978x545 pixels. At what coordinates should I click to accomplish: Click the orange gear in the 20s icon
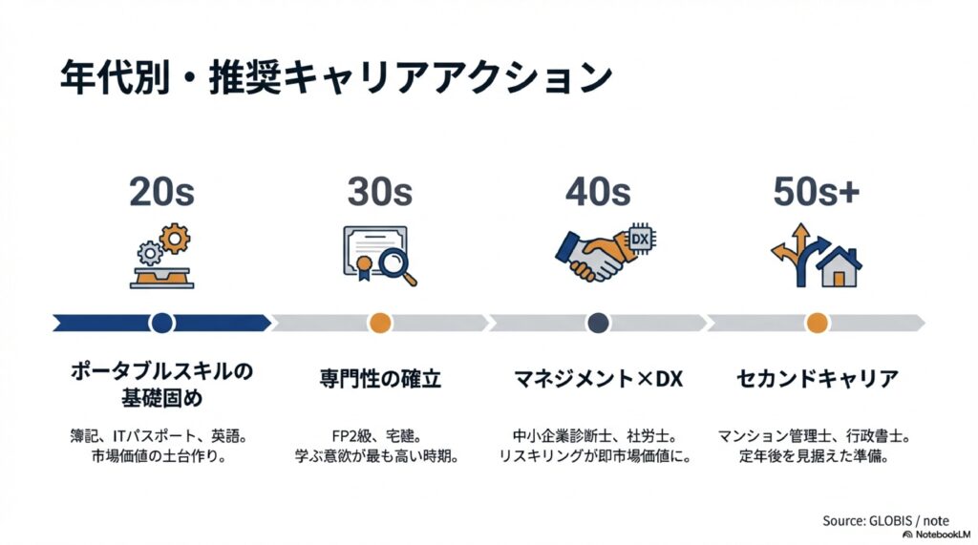pyautogui.click(x=175, y=238)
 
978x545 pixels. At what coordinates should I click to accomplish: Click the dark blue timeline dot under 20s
pyautogui.click(x=161, y=323)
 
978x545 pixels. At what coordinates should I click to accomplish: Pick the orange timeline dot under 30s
pyautogui.click(x=380, y=323)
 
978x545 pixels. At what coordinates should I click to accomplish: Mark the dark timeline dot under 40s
pyautogui.click(x=599, y=323)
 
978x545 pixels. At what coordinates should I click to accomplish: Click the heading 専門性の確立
pyautogui.click(x=379, y=379)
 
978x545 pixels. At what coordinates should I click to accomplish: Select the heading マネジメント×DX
pyautogui.click(x=598, y=379)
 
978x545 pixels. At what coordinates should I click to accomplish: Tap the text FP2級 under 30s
pyautogui.click(x=344, y=436)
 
